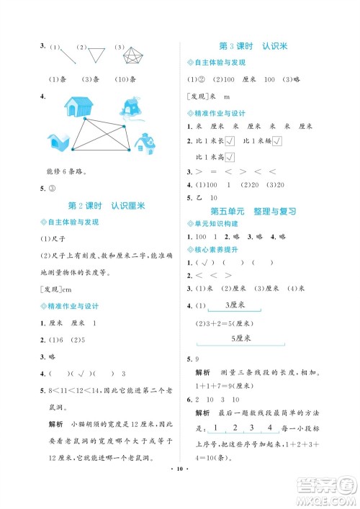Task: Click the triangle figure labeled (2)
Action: coord(96,55)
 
